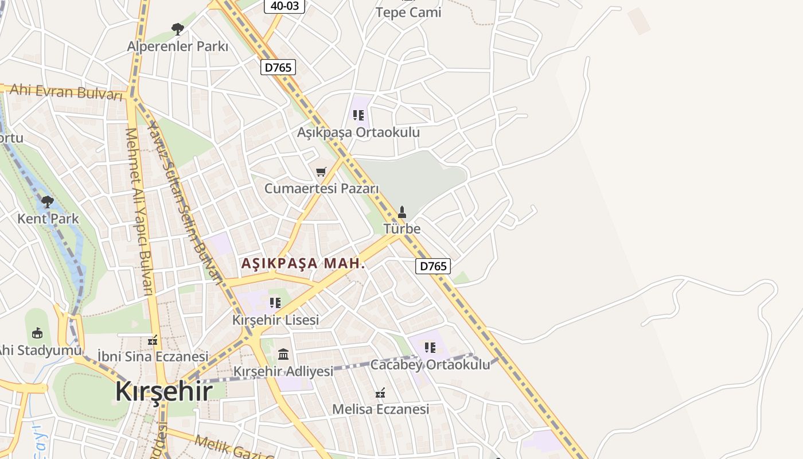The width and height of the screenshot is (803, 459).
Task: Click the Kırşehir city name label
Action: tap(163, 391)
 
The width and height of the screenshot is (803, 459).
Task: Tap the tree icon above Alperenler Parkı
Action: tap(178, 29)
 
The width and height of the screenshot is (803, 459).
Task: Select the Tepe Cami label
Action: tap(408, 12)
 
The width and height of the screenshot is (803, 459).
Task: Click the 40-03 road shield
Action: tap(284, 5)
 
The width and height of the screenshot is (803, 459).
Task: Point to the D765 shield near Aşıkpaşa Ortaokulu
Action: tap(278, 67)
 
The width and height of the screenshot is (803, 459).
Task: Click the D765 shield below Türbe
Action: tap(432, 266)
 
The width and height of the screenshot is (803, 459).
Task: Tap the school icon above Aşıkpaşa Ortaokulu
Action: tap(358, 115)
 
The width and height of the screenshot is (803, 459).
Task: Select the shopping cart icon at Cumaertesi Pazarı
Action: tap(321, 172)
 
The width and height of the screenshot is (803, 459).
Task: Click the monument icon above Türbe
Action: tap(402, 212)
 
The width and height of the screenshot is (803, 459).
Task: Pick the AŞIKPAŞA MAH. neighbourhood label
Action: tap(303, 263)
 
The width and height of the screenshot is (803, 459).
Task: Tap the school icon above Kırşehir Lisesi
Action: tap(275, 302)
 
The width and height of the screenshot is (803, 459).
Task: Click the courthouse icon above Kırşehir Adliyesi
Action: tap(283, 354)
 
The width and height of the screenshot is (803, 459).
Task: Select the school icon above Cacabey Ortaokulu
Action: tap(430, 347)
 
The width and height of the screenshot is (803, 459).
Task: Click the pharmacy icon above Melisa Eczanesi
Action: tap(380, 393)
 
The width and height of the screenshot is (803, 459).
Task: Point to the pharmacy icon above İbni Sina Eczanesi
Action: tap(153, 340)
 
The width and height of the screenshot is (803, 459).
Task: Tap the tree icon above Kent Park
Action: tap(48, 201)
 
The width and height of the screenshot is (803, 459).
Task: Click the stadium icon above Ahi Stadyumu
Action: tap(37, 333)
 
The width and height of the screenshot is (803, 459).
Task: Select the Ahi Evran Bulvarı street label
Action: tap(67, 91)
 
